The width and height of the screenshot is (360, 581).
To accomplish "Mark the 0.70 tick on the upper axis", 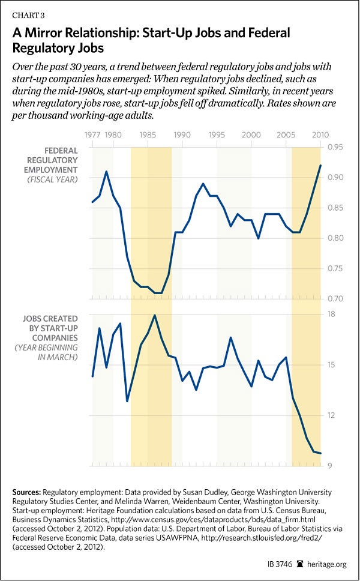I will coord(335,298).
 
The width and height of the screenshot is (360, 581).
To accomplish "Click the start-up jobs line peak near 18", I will coord(155,315).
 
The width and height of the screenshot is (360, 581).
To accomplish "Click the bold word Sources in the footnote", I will coord(29,492).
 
